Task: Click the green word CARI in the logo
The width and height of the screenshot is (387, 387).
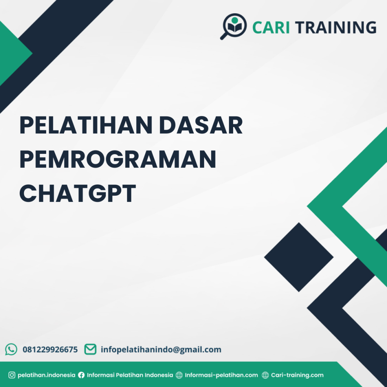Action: [x=271, y=27]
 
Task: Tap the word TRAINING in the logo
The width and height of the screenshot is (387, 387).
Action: [x=336, y=27]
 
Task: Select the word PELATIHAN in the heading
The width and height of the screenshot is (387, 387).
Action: [x=86, y=125]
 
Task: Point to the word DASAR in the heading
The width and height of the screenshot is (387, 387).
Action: [x=201, y=125]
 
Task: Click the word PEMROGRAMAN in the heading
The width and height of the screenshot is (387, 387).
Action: [x=118, y=159]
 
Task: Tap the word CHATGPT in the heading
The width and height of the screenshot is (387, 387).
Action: [x=77, y=193]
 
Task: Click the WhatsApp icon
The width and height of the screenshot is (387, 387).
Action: [x=11, y=349]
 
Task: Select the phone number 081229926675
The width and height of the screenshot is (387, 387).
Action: [x=50, y=350]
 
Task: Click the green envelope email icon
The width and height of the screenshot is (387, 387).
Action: [x=90, y=349]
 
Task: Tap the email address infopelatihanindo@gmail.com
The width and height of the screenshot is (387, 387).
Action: [x=161, y=350]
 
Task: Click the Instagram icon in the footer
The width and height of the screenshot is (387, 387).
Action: [x=12, y=375]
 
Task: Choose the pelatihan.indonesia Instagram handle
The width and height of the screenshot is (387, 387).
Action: [x=46, y=375]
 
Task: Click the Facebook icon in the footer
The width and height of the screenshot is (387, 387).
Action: [x=81, y=375]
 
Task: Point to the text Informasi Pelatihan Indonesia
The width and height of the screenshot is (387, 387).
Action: [x=130, y=375]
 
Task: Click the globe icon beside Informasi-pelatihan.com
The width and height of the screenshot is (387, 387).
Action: [x=179, y=375]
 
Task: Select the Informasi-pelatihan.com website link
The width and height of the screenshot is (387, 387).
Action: [x=221, y=375]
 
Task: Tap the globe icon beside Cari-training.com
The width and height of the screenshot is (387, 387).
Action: [x=265, y=375]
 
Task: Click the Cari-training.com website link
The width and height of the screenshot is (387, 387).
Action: [x=297, y=375]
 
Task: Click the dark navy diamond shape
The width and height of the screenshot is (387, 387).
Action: [x=299, y=257]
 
